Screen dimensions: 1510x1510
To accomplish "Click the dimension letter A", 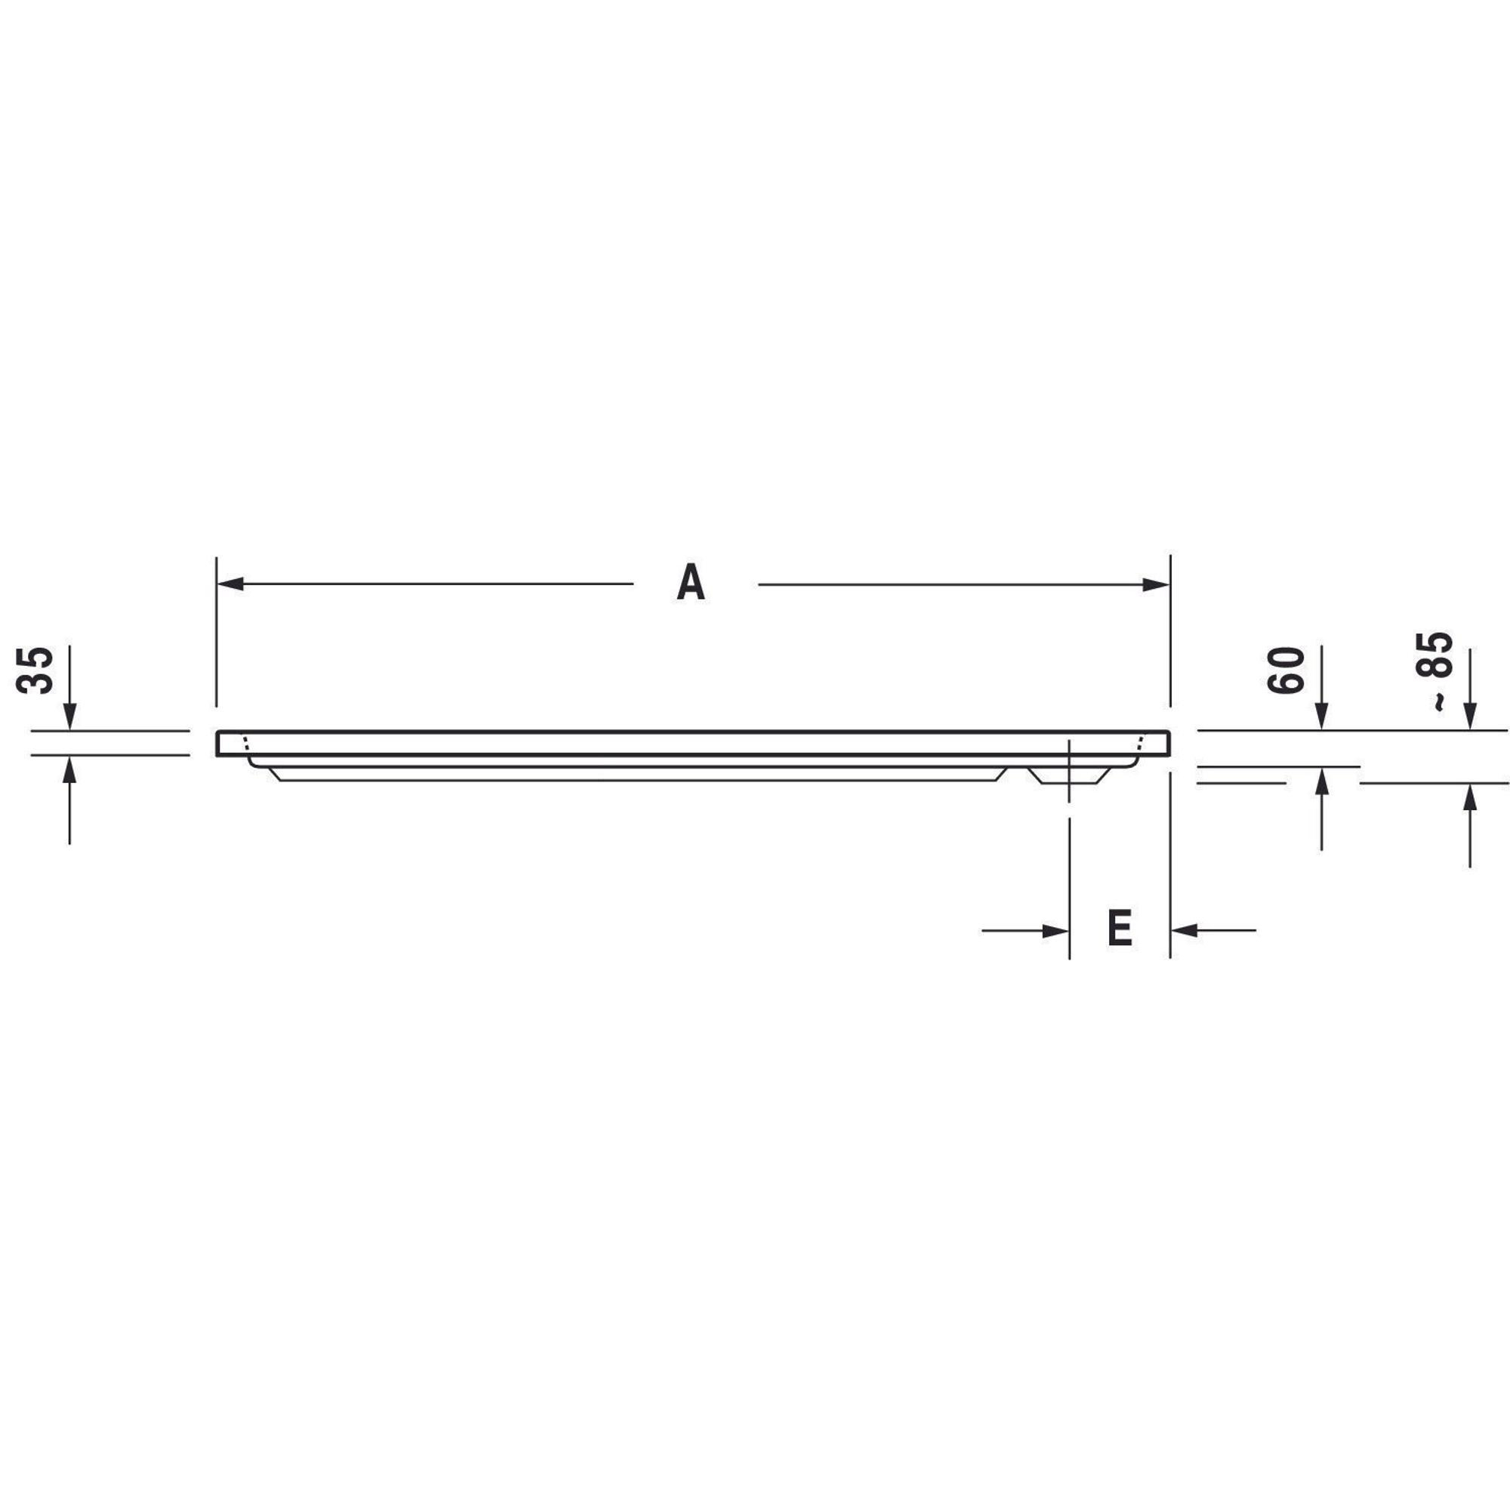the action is (x=691, y=583).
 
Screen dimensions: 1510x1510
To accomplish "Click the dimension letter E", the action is (x=1120, y=928).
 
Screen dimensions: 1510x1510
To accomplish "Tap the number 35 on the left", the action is (x=36, y=670).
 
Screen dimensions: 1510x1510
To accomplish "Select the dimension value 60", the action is (x=1287, y=670).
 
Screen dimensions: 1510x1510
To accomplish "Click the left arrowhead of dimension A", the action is (x=230, y=584).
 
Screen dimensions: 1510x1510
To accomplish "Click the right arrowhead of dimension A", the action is (x=1156, y=584).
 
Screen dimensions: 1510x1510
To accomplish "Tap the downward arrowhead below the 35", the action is (x=69, y=716).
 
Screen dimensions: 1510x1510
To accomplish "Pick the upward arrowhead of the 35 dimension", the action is (x=69, y=770).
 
